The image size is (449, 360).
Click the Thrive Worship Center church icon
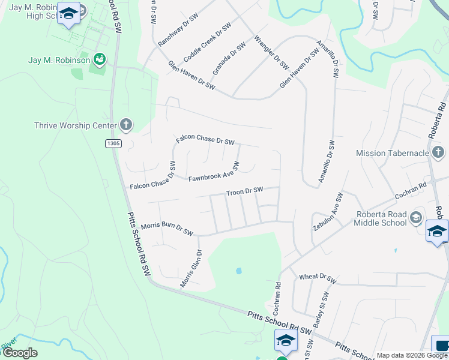125,125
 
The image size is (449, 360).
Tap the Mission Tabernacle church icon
438,152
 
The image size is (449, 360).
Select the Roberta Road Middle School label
380,218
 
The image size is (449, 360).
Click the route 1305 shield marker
113,143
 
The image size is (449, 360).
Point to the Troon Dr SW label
244,191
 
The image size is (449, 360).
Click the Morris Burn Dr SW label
167,229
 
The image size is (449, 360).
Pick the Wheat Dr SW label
317,277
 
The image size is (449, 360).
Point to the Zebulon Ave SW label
327,212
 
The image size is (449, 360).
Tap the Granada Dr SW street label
229,56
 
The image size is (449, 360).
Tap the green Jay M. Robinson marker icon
100,59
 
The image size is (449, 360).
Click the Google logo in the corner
20,353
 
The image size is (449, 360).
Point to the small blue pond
239,271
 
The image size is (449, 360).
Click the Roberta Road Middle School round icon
416,218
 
